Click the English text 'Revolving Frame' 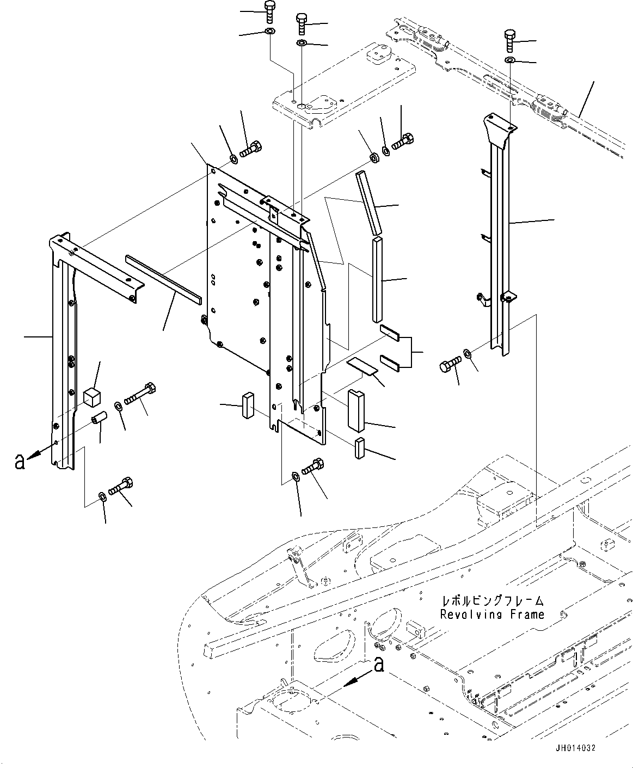pos(492,615)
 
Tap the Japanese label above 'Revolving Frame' pos(493,601)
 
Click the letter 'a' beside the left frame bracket pos(20,462)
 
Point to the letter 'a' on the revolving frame pos(379,664)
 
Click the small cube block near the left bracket pos(92,397)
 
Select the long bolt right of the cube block pos(140,394)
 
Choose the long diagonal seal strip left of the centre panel pos(163,278)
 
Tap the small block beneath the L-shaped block pos(359,448)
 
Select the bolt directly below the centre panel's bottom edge pos(312,469)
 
